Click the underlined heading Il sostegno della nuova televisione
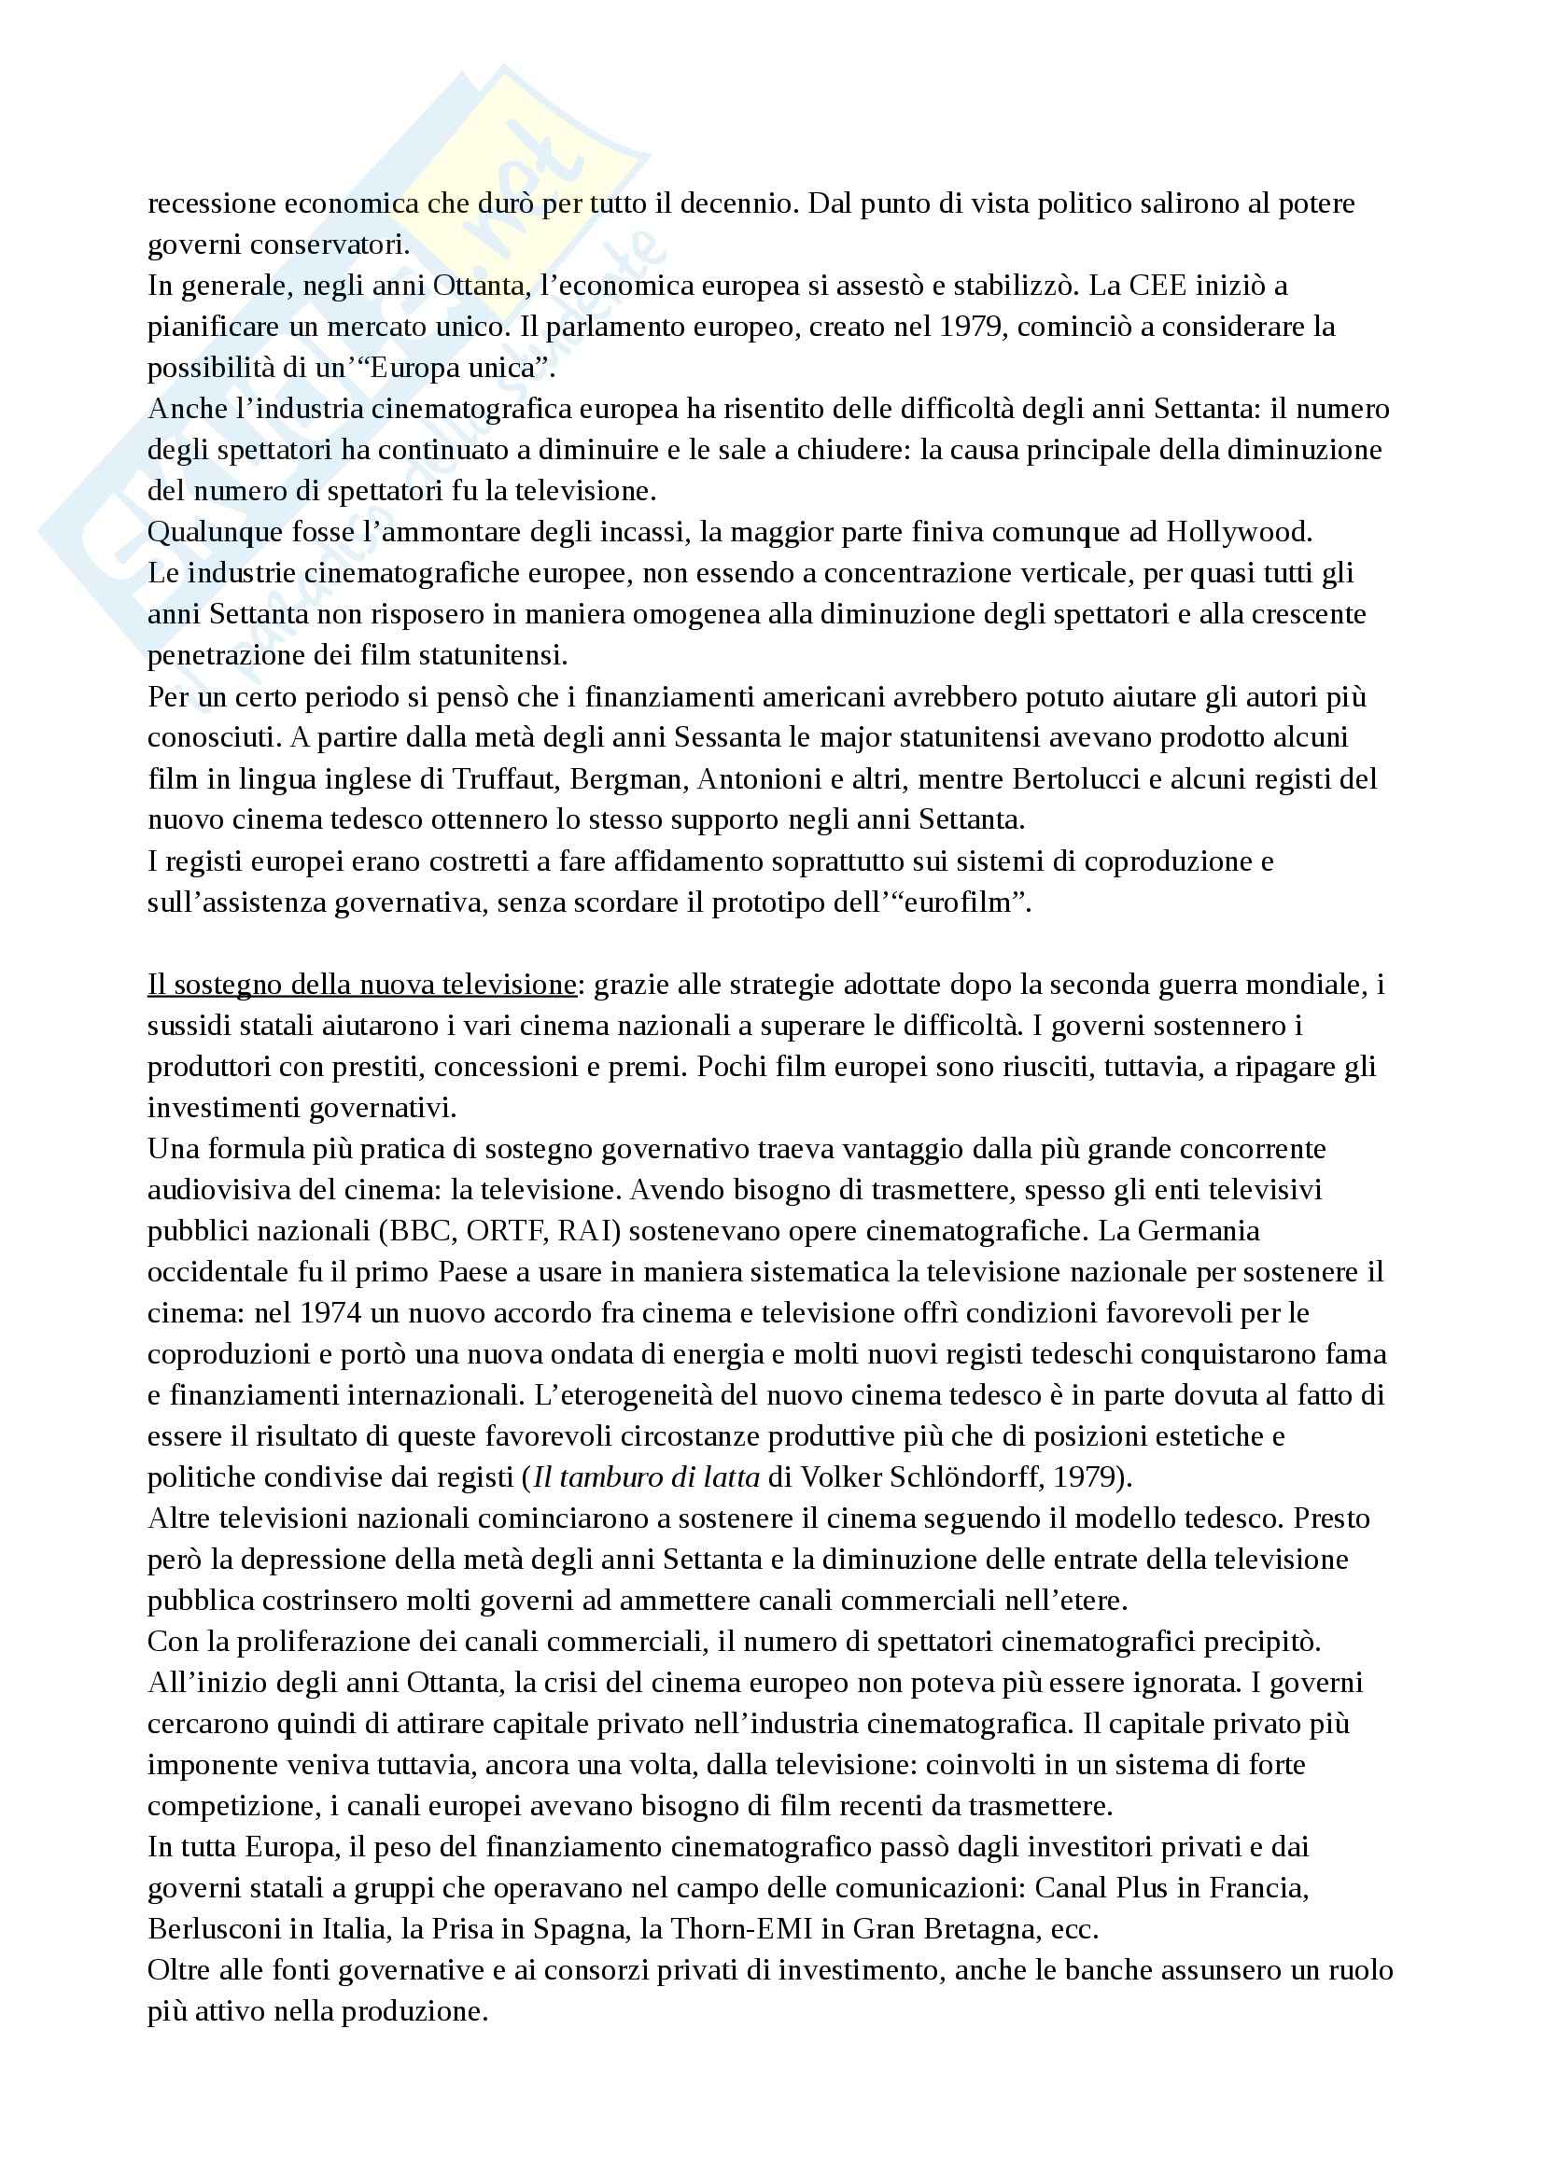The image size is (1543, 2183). point(361,985)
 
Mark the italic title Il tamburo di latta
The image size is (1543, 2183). point(647,1477)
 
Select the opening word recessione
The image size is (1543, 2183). point(209,203)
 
